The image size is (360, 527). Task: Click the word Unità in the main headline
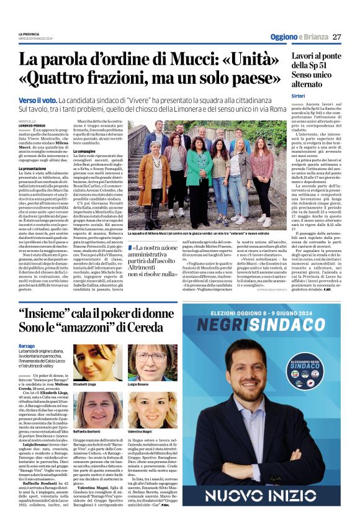253,61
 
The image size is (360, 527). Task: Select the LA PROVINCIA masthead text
29,33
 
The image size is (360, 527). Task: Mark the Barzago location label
27,345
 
